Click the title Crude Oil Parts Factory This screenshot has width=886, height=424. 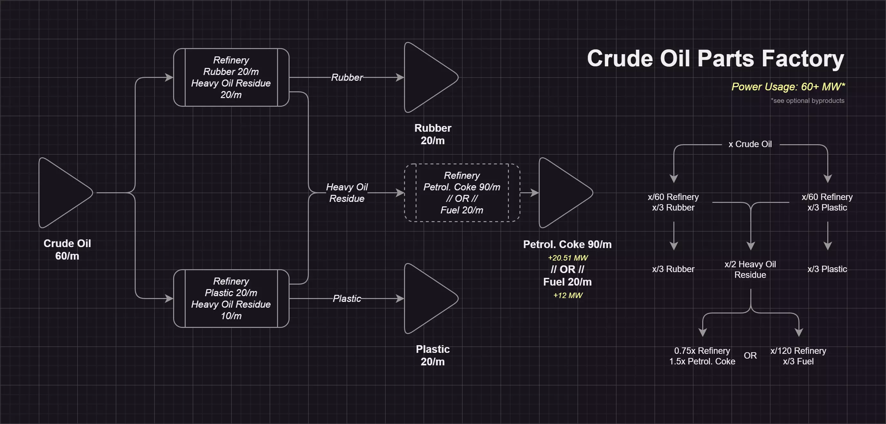tap(715, 58)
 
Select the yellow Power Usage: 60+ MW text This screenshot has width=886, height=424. tap(788, 87)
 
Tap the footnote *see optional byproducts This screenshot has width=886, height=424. tap(807, 101)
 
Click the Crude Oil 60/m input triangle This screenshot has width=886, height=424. tap(62, 193)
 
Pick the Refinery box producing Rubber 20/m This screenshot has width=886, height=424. tap(231, 77)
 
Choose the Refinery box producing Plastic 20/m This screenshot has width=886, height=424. tap(231, 298)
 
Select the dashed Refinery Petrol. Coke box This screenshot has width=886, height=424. tap(462, 193)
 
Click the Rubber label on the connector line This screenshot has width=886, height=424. tap(347, 78)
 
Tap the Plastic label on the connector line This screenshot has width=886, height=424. tap(347, 298)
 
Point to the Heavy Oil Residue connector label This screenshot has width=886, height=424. tap(347, 193)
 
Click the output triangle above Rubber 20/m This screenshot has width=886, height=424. tap(426, 77)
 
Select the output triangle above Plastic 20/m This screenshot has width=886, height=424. tap(426, 298)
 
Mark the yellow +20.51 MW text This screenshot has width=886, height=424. tap(568, 258)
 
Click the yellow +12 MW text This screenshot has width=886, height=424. tap(568, 295)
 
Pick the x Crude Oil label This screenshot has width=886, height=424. tap(750, 144)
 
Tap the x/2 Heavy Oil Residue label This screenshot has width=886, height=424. tap(750, 270)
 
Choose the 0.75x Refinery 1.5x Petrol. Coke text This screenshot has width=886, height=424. tap(702, 356)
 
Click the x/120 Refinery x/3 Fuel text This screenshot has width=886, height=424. tap(798, 356)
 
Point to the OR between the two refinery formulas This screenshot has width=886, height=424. tap(750, 355)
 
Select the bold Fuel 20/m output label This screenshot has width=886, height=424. tap(568, 282)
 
